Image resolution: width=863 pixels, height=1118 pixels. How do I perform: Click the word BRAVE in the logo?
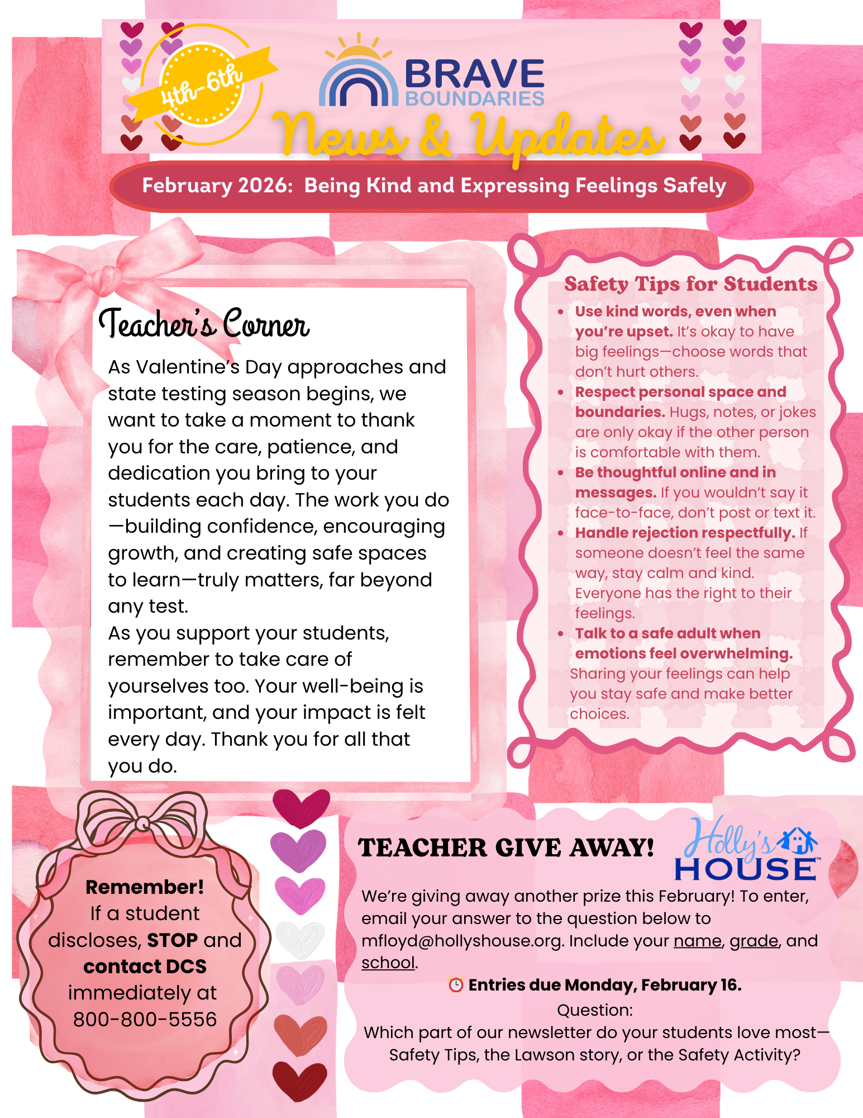coord(474,74)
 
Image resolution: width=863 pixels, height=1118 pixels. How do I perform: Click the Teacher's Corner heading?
coord(204,324)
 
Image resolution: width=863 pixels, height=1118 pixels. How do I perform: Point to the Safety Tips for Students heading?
coord(690,284)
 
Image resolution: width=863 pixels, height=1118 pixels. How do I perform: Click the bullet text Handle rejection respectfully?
coord(685,533)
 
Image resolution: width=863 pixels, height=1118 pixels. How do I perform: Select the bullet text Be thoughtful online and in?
coord(675,472)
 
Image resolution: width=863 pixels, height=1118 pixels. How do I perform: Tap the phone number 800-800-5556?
coord(145,1020)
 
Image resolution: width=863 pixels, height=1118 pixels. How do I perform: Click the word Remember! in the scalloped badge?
coord(145,887)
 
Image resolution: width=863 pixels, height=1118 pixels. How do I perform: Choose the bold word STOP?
coord(172,940)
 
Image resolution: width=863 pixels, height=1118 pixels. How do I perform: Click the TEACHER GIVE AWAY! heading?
coord(506,848)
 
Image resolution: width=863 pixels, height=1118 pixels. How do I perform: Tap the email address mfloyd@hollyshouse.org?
coord(461,941)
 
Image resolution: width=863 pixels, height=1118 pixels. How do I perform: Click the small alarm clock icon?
coord(456,985)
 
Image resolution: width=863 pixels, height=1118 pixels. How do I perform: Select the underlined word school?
coord(388,963)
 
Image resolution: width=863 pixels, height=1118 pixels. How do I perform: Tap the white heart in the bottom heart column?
coord(300,939)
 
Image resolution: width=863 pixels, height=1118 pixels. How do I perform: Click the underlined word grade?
coord(754,941)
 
